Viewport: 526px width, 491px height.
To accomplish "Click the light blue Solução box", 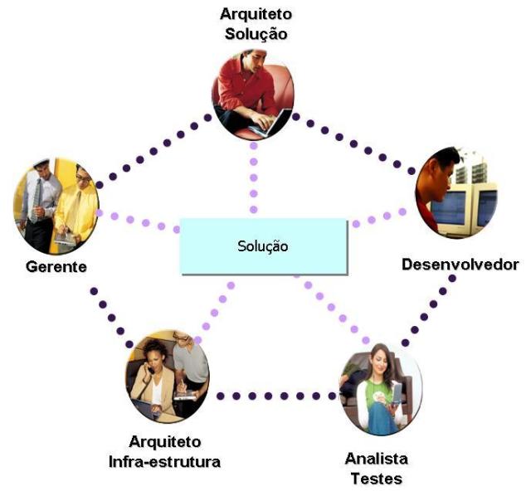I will (x=263, y=246).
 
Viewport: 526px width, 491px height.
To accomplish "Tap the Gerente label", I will (x=56, y=267).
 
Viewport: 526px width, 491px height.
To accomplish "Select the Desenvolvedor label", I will (x=460, y=265).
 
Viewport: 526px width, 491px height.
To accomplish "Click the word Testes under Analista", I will (x=375, y=479).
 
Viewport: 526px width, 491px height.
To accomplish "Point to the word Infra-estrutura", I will (x=164, y=461).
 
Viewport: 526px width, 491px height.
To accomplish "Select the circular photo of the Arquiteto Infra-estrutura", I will (x=166, y=377).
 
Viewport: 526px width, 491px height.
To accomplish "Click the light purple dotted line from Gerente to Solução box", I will (x=137, y=221).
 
